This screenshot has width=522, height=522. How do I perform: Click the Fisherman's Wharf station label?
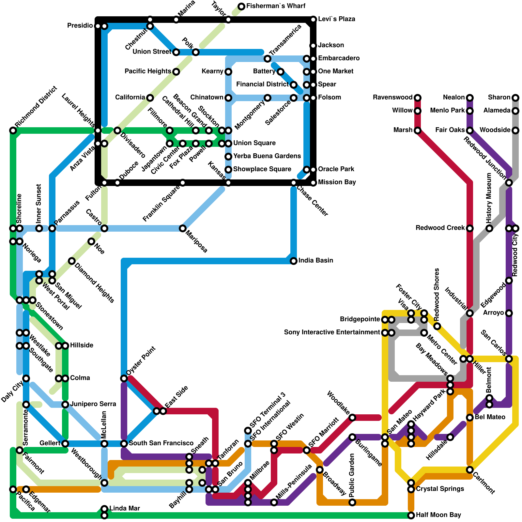point(276,6)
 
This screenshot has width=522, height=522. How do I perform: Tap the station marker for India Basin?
point(294,261)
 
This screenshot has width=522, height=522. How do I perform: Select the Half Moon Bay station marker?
point(411,515)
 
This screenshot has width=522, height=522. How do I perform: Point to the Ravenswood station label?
point(393,98)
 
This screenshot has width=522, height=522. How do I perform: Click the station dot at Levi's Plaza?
point(313,20)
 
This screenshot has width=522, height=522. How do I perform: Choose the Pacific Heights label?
point(148,71)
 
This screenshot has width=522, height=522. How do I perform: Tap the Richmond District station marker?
point(13,130)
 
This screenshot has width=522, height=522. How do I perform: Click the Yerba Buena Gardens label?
point(267,156)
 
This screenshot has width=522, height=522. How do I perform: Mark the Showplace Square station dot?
point(228,170)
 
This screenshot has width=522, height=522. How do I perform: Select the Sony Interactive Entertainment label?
point(332,332)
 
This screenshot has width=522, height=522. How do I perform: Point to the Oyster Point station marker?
point(124,378)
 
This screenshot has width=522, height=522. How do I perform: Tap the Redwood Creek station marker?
point(470,228)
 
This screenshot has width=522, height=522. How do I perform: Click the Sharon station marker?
point(515,98)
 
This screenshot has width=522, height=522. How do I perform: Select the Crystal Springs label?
point(440,489)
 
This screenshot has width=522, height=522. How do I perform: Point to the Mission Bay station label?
point(337,182)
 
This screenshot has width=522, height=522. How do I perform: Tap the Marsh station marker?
point(418,130)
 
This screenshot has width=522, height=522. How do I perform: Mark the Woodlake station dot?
point(352,418)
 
